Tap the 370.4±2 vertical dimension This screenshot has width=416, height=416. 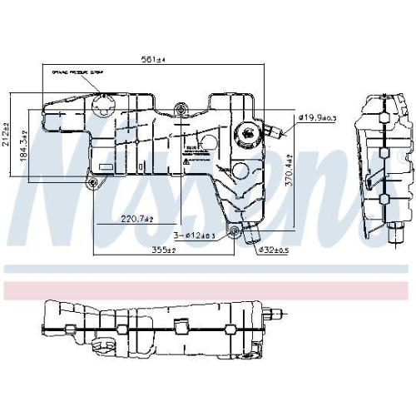click(x=290, y=171)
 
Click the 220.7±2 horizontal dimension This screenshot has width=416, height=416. click(x=135, y=220)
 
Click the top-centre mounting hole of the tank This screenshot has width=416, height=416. click(x=181, y=107)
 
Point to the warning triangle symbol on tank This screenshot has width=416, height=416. click(x=188, y=163)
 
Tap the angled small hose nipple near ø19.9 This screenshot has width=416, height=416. click(x=270, y=131)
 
